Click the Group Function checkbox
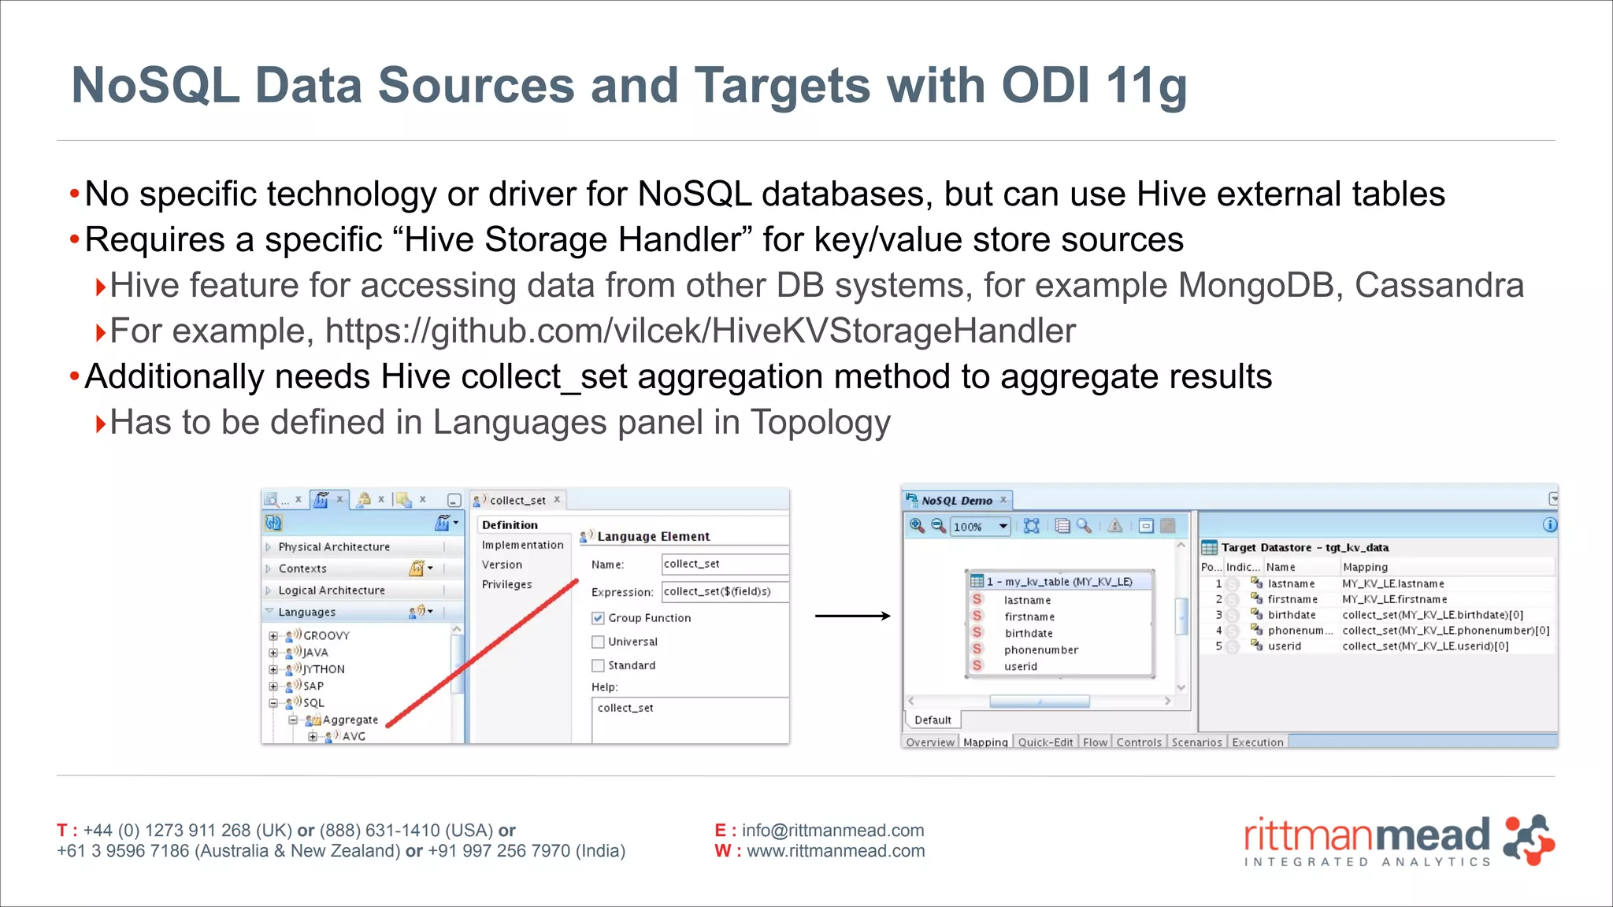tap(598, 618)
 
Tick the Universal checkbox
tap(598, 642)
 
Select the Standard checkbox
tap(598, 665)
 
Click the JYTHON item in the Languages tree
tap(324, 669)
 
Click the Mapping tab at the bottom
tap(984, 742)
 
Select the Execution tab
tap(1257, 742)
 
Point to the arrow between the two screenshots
tap(852, 616)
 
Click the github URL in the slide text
tap(699, 331)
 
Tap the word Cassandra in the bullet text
tap(1439, 286)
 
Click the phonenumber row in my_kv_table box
tap(1040, 650)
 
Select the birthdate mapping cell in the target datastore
tap(1432, 615)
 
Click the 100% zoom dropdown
tap(979, 527)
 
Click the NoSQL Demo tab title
tap(957, 501)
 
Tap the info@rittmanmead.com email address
tap(832, 831)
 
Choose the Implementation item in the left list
tap(522, 545)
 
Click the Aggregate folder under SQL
tap(350, 720)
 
